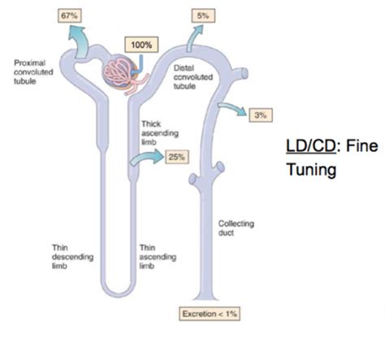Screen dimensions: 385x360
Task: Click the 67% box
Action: tap(70, 15)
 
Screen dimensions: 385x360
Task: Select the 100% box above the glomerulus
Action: tap(141, 45)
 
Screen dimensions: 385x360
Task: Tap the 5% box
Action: tap(203, 15)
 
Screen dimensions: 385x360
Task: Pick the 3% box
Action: tap(261, 115)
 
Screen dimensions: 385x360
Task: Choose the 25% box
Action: tap(177, 157)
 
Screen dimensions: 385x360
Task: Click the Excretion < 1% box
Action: tap(210, 314)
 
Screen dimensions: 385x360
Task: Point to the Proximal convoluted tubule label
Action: tap(33, 72)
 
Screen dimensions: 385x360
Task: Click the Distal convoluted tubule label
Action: tap(193, 77)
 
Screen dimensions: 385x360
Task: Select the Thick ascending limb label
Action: tap(160, 133)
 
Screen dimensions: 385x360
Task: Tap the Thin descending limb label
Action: tap(72, 257)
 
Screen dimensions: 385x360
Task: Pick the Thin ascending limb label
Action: tap(158, 257)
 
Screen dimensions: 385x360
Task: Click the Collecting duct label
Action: tap(236, 228)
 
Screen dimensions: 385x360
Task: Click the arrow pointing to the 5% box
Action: tap(193, 38)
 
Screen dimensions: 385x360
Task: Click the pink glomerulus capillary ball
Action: tap(119, 72)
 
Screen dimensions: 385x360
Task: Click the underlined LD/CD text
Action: tap(310, 146)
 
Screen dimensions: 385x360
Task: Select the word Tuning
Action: tap(311, 170)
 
